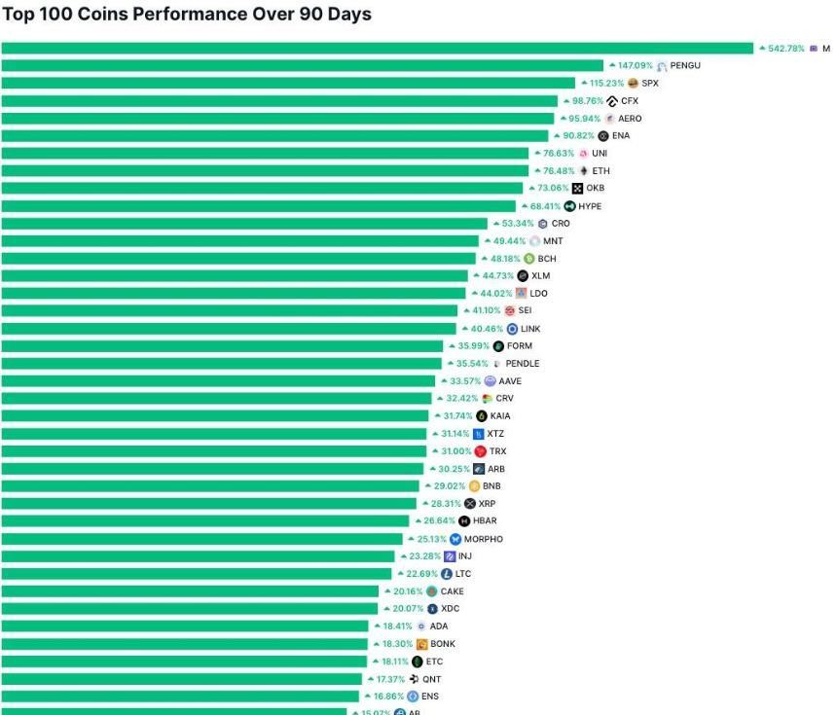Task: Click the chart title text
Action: click(x=187, y=15)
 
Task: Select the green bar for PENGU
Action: click(x=302, y=65)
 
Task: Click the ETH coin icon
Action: click(x=584, y=171)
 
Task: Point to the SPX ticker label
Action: click(x=650, y=83)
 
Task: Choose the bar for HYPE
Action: click(x=258, y=206)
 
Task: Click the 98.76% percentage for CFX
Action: click(x=587, y=100)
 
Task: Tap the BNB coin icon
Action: click(x=474, y=486)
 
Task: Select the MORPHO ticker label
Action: click(x=484, y=539)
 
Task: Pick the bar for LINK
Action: click(x=228, y=329)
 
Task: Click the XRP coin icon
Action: click(x=470, y=504)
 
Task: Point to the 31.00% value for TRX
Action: click(x=455, y=451)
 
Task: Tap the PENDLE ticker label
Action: click(x=523, y=364)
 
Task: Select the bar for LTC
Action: click(x=196, y=574)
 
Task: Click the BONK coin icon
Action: click(x=422, y=644)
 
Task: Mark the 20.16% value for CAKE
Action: click(x=409, y=591)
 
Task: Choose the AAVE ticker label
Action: click(x=510, y=381)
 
